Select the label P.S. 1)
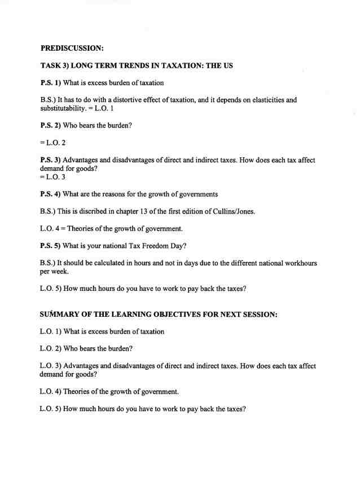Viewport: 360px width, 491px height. point(51,83)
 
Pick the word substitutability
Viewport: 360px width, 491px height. point(65,108)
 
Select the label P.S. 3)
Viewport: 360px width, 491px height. point(51,160)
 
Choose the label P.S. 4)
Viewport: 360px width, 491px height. point(51,194)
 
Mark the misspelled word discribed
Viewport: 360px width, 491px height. point(101,211)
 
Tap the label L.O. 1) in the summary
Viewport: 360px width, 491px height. point(51,331)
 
